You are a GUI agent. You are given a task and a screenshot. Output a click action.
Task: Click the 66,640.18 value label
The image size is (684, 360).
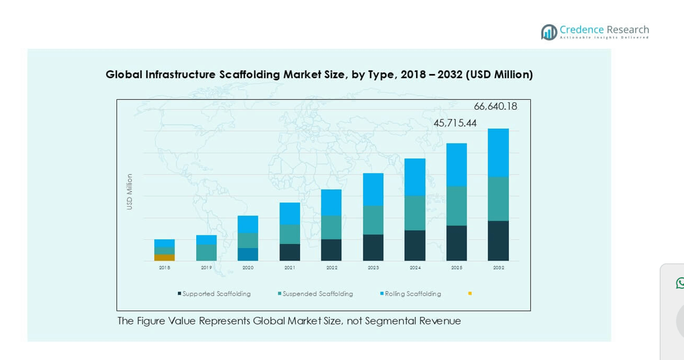[x=495, y=106]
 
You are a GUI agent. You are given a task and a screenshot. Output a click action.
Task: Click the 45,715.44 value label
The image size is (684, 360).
[x=455, y=123]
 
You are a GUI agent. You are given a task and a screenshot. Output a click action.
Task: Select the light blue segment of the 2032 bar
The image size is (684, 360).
[x=498, y=152]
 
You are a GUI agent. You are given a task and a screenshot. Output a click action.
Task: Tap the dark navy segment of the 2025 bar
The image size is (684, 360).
[x=456, y=243]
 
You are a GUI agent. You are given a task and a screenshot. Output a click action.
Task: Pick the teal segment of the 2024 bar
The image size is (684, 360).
[x=415, y=212]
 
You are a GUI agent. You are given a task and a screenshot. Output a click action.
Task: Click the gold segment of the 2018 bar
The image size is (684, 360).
[x=164, y=258]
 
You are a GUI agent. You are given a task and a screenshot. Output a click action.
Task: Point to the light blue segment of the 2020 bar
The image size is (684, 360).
[x=248, y=224]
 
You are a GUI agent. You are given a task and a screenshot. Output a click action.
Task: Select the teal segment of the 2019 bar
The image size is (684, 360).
[x=207, y=253]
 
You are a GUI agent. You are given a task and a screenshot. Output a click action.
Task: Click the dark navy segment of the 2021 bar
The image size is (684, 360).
[x=290, y=252]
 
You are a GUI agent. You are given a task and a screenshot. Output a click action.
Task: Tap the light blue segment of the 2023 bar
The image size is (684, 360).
[x=373, y=189]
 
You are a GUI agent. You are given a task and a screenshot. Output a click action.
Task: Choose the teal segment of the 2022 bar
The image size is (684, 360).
[x=331, y=227]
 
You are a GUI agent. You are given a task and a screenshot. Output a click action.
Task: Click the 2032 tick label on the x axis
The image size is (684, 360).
[x=498, y=268]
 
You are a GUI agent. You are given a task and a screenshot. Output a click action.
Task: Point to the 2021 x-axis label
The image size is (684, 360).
[x=290, y=268]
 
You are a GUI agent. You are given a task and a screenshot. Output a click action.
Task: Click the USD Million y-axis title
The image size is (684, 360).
[x=130, y=192]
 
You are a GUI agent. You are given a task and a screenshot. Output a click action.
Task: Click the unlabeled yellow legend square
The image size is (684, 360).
[x=470, y=293]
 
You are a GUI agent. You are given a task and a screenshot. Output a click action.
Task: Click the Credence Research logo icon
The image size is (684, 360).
[x=549, y=32]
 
